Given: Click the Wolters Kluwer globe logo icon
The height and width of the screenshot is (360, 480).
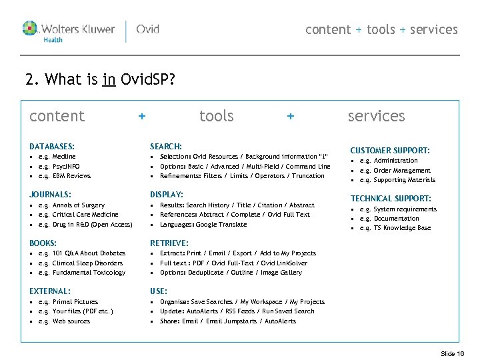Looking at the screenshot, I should (x=31, y=29).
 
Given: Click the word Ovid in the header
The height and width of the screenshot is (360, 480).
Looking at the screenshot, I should (x=147, y=29).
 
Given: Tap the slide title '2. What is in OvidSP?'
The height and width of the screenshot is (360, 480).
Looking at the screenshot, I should (x=100, y=81).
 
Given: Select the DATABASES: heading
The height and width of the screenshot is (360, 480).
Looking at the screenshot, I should (x=52, y=146).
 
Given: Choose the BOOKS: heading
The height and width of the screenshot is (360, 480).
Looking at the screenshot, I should (x=43, y=243).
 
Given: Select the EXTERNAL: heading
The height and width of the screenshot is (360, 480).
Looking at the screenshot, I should (x=50, y=291).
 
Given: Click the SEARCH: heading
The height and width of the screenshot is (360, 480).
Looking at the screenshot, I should (x=166, y=146).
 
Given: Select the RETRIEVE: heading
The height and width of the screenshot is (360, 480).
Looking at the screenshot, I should (x=169, y=243).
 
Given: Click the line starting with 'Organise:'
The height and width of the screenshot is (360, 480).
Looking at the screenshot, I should (x=242, y=302).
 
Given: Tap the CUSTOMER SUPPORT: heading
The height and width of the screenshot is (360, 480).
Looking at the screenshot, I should (x=390, y=151).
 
